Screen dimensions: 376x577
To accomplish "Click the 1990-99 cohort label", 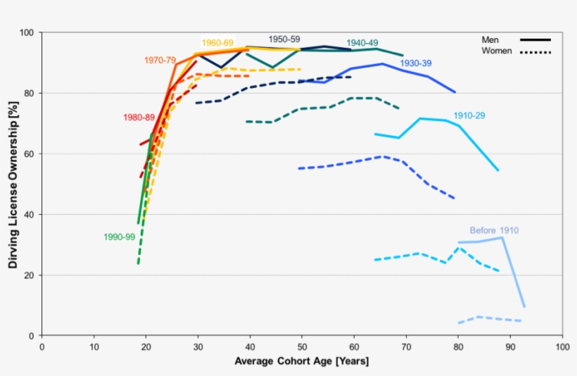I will (119, 237).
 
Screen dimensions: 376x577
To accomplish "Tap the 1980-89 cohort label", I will (139, 118).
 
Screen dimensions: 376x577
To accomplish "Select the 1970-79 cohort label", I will (160, 61).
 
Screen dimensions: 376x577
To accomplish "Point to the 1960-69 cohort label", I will (217, 43).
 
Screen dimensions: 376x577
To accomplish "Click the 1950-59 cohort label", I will (284, 39).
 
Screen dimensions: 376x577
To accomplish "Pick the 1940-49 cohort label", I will (362, 42).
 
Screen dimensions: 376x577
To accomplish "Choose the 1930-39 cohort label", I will (416, 63).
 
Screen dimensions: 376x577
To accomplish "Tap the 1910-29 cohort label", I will (469, 115).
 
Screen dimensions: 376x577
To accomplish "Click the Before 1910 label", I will (494, 230).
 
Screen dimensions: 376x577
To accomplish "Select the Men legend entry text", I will (490, 39).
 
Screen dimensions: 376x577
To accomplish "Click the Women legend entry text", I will (495, 51).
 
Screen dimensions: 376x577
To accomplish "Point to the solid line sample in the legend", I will (535, 40).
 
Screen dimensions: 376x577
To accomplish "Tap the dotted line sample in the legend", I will (535, 52).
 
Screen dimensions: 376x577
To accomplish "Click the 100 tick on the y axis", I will (27, 33).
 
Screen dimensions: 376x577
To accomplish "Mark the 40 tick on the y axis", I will (30, 215).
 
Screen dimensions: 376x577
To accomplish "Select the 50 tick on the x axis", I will (302, 347).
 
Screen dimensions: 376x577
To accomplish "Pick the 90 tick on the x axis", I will (510, 347).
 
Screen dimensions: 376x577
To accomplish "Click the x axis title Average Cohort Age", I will (302, 361).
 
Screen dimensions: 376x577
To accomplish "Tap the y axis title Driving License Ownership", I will (13, 184).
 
